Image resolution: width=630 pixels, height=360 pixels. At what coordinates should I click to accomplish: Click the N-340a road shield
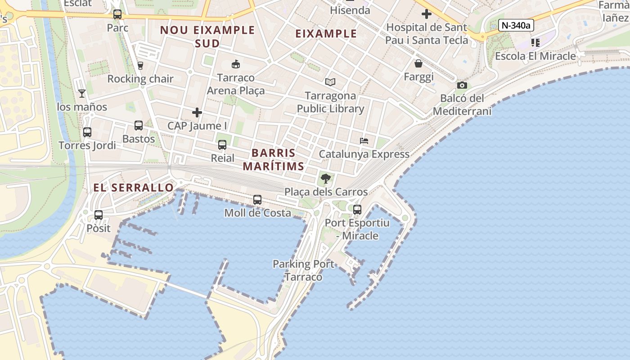(x=516, y=25)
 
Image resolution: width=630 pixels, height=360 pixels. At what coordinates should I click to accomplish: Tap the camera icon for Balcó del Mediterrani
(x=462, y=85)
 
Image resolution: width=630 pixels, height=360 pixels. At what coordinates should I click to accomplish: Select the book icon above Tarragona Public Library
(x=330, y=82)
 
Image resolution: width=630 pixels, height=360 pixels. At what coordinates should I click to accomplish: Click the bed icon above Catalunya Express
(x=364, y=141)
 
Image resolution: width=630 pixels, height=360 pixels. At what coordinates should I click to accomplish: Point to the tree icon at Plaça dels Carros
(x=326, y=179)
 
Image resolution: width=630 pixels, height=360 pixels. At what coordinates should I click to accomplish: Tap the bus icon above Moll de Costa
(x=257, y=199)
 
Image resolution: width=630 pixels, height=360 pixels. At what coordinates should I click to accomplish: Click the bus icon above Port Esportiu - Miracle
(x=357, y=209)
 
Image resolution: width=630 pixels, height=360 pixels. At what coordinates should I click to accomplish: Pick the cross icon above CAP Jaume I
(x=197, y=112)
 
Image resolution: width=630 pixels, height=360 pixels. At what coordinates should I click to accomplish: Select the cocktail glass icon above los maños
(x=82, y=94)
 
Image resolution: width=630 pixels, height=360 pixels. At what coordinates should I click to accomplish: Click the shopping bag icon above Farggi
(x=418, y=63)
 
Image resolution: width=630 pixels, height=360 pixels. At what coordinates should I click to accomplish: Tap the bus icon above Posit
(x=99, y=215)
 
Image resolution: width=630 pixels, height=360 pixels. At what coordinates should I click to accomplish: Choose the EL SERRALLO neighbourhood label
(x=134, y=188)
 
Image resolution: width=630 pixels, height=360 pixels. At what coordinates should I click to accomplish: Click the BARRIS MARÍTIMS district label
(x=274, y=159)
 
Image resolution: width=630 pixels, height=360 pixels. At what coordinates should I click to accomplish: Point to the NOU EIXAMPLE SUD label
(x=207, y=36)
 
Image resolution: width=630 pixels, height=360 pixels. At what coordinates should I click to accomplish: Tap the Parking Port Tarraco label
(x=304, y=270)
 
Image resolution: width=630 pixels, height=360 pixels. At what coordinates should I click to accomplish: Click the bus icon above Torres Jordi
(x=87, y=132)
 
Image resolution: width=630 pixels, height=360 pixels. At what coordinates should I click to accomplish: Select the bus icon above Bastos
(x=139, y=126)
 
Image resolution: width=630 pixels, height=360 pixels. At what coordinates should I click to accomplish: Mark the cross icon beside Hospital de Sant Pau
(x=427, y=14)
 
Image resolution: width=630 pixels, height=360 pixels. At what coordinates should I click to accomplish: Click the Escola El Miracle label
(x=535, y=56)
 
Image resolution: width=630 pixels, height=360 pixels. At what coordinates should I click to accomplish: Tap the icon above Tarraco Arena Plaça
(x=235, y=64)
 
